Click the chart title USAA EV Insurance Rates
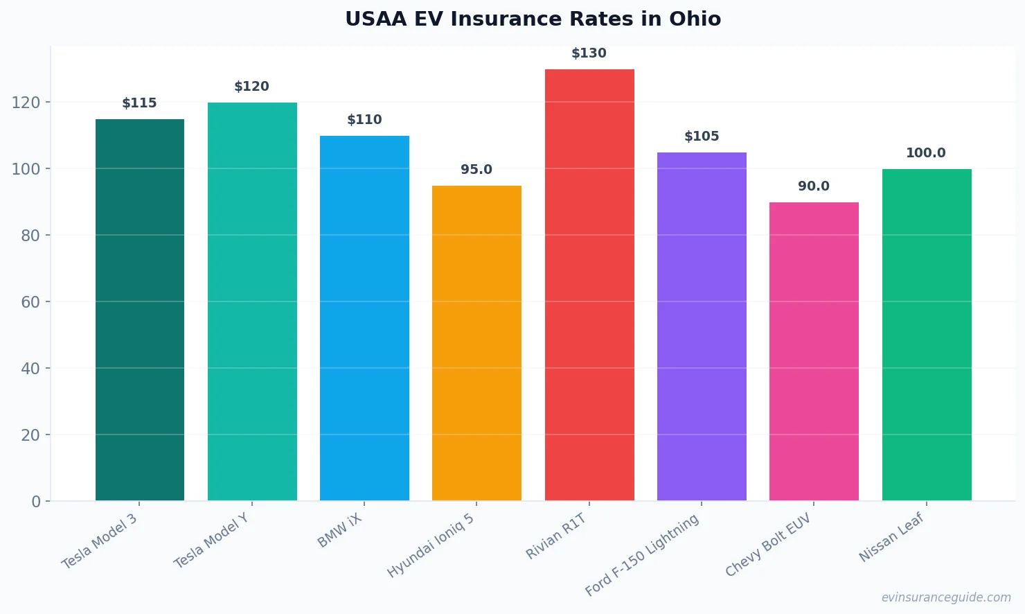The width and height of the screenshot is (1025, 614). point(533,19)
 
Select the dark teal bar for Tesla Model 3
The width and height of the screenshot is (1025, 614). point(140,310)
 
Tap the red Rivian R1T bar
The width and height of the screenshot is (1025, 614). point(589,285)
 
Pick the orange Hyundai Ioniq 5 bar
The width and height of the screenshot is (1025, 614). point(476,343)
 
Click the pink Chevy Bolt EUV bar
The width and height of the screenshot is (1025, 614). point(814,351)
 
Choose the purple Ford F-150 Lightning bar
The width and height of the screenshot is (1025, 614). point(702,326)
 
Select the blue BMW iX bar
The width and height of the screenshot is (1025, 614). point(364,318)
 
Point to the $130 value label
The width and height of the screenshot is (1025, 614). point(589,53)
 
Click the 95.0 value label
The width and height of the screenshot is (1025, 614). point(476,170)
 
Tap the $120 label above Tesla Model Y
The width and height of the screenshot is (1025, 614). point(251,87)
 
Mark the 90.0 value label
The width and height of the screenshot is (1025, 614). point(814,186)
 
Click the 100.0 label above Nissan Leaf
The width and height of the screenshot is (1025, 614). point(926,153)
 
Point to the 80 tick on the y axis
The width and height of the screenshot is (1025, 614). point(30,236)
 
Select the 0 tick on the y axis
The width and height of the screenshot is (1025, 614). point(36,502)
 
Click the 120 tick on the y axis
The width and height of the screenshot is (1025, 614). point(26,103)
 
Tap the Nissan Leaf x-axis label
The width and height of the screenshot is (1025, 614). point(892,537)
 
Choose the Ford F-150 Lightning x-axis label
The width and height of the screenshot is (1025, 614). point(643,555)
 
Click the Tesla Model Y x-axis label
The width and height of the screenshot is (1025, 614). point(211,541)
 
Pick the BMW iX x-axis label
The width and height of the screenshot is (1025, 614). point(340,531)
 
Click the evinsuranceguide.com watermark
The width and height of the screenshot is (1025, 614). point(945,597)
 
